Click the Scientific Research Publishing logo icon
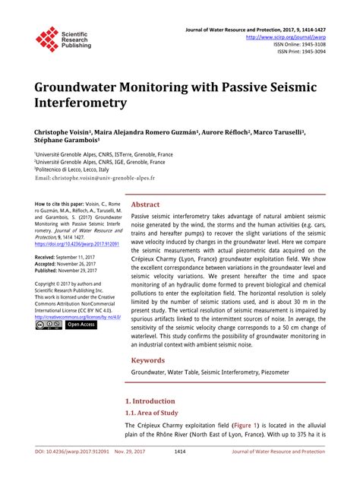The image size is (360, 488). coord(48,39)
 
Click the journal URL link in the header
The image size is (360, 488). coord(285,36)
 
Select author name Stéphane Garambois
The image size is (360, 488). coord(67,141)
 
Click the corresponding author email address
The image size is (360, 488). coord(94,178)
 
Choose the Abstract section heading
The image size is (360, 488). coord(145,204)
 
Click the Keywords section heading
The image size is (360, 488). coord(149,360)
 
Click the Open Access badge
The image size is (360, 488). coord(81,325)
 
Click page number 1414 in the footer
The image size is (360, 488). coord(180,473)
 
